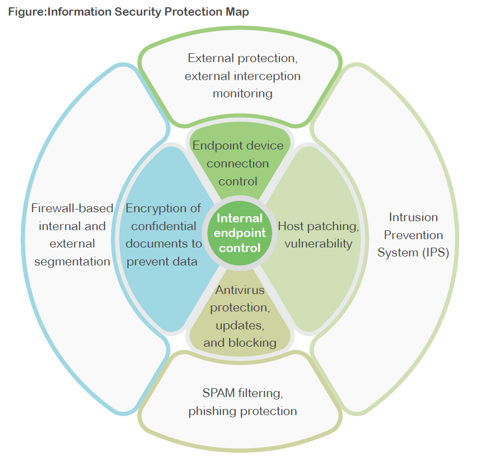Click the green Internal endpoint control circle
click(238, 232)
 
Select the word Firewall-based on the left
click(72, 208)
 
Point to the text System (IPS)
click(413, 252)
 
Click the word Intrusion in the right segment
click(413, 217)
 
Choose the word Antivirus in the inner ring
click(240, 290)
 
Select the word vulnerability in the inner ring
click(318, 243)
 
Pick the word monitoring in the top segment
click(242, 93)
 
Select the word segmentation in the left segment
click(71, 261)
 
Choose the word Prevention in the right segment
click(413, 235)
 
